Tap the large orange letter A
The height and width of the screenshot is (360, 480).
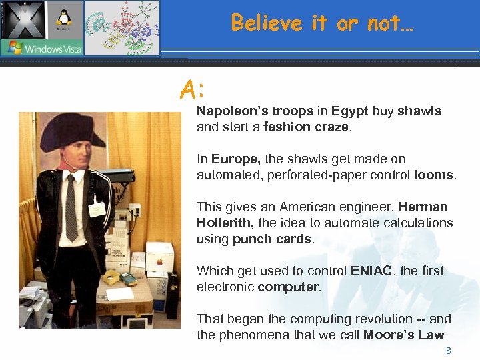pos(189,89)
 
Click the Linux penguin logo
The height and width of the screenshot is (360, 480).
pos(65,18)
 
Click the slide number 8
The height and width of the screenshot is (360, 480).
pos(449,351)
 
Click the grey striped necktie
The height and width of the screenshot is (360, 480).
pos(71,206)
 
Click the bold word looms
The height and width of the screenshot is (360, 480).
pos(433,175)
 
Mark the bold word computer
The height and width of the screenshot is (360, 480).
pos(289,287)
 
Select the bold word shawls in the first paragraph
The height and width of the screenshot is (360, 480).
pos(419,111)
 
